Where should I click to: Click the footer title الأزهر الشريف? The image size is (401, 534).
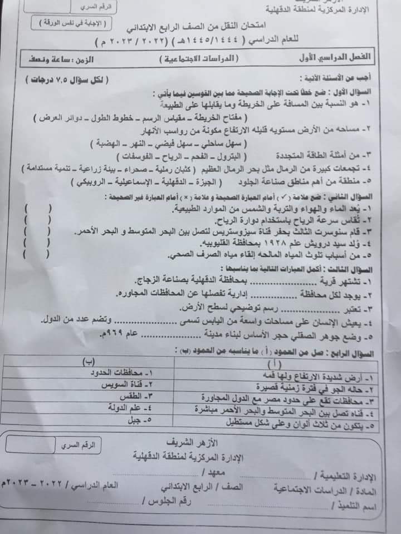tap(189, 443)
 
